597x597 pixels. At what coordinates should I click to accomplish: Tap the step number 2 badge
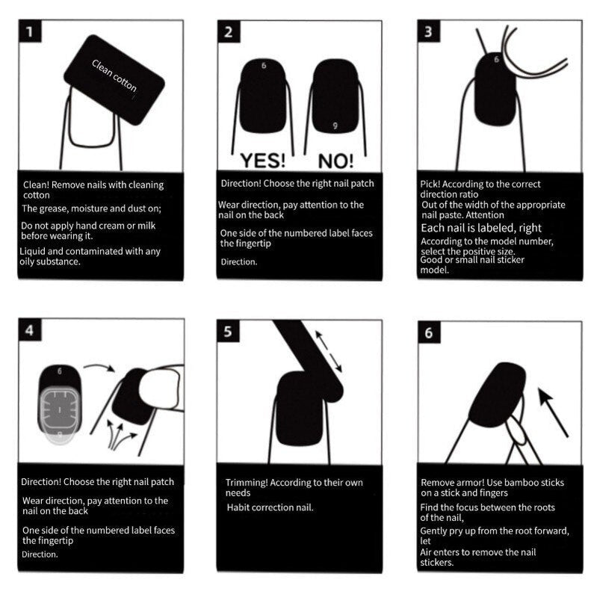coord(229,32)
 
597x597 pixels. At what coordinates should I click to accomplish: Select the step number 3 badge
coord(428,32)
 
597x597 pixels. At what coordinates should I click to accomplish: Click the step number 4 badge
coord(28,330)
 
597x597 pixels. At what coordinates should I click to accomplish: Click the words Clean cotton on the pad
coord(114,76)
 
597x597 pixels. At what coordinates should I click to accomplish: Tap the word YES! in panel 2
coord(262,160)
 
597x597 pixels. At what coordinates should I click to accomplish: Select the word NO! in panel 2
coord(335,160)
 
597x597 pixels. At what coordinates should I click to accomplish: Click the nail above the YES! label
coord(263,97)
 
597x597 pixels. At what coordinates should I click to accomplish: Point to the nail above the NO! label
coord(335,97)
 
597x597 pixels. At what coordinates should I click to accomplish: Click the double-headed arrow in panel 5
coord(329,352)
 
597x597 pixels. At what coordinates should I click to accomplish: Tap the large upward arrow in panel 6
coord(552,410)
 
